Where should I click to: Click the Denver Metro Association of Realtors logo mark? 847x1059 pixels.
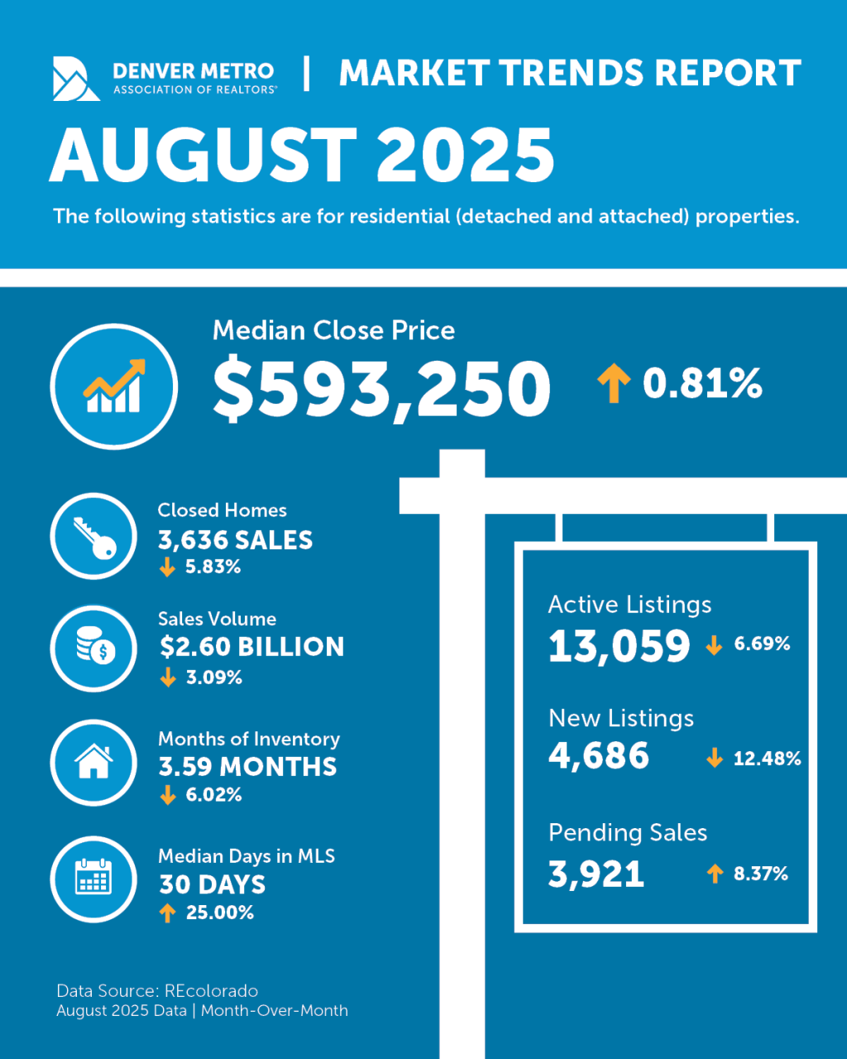point(76,79)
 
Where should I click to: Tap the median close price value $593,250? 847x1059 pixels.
point(381,389)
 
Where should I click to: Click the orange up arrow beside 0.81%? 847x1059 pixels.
point(613,385)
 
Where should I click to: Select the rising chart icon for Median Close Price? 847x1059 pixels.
point(114,386)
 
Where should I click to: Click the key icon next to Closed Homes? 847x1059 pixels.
point(93,537)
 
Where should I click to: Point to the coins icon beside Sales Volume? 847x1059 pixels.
point(94,648)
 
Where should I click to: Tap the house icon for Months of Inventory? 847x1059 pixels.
point(93,762)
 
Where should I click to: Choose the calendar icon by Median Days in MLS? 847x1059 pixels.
point(93,879)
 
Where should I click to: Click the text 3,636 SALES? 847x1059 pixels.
point(236,540)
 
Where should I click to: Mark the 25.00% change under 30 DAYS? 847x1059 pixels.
point(219,913)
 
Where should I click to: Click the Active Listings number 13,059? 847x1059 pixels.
point(619,646)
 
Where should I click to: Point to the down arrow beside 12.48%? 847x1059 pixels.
point(715,759)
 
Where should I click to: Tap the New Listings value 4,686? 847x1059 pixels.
point(599,756)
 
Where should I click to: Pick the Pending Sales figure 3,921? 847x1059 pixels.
point(596,875)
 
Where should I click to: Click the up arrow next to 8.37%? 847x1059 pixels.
point(715,874)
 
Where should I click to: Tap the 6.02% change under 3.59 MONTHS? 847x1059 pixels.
point(213,795)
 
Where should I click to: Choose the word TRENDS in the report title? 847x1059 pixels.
point(565,73)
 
